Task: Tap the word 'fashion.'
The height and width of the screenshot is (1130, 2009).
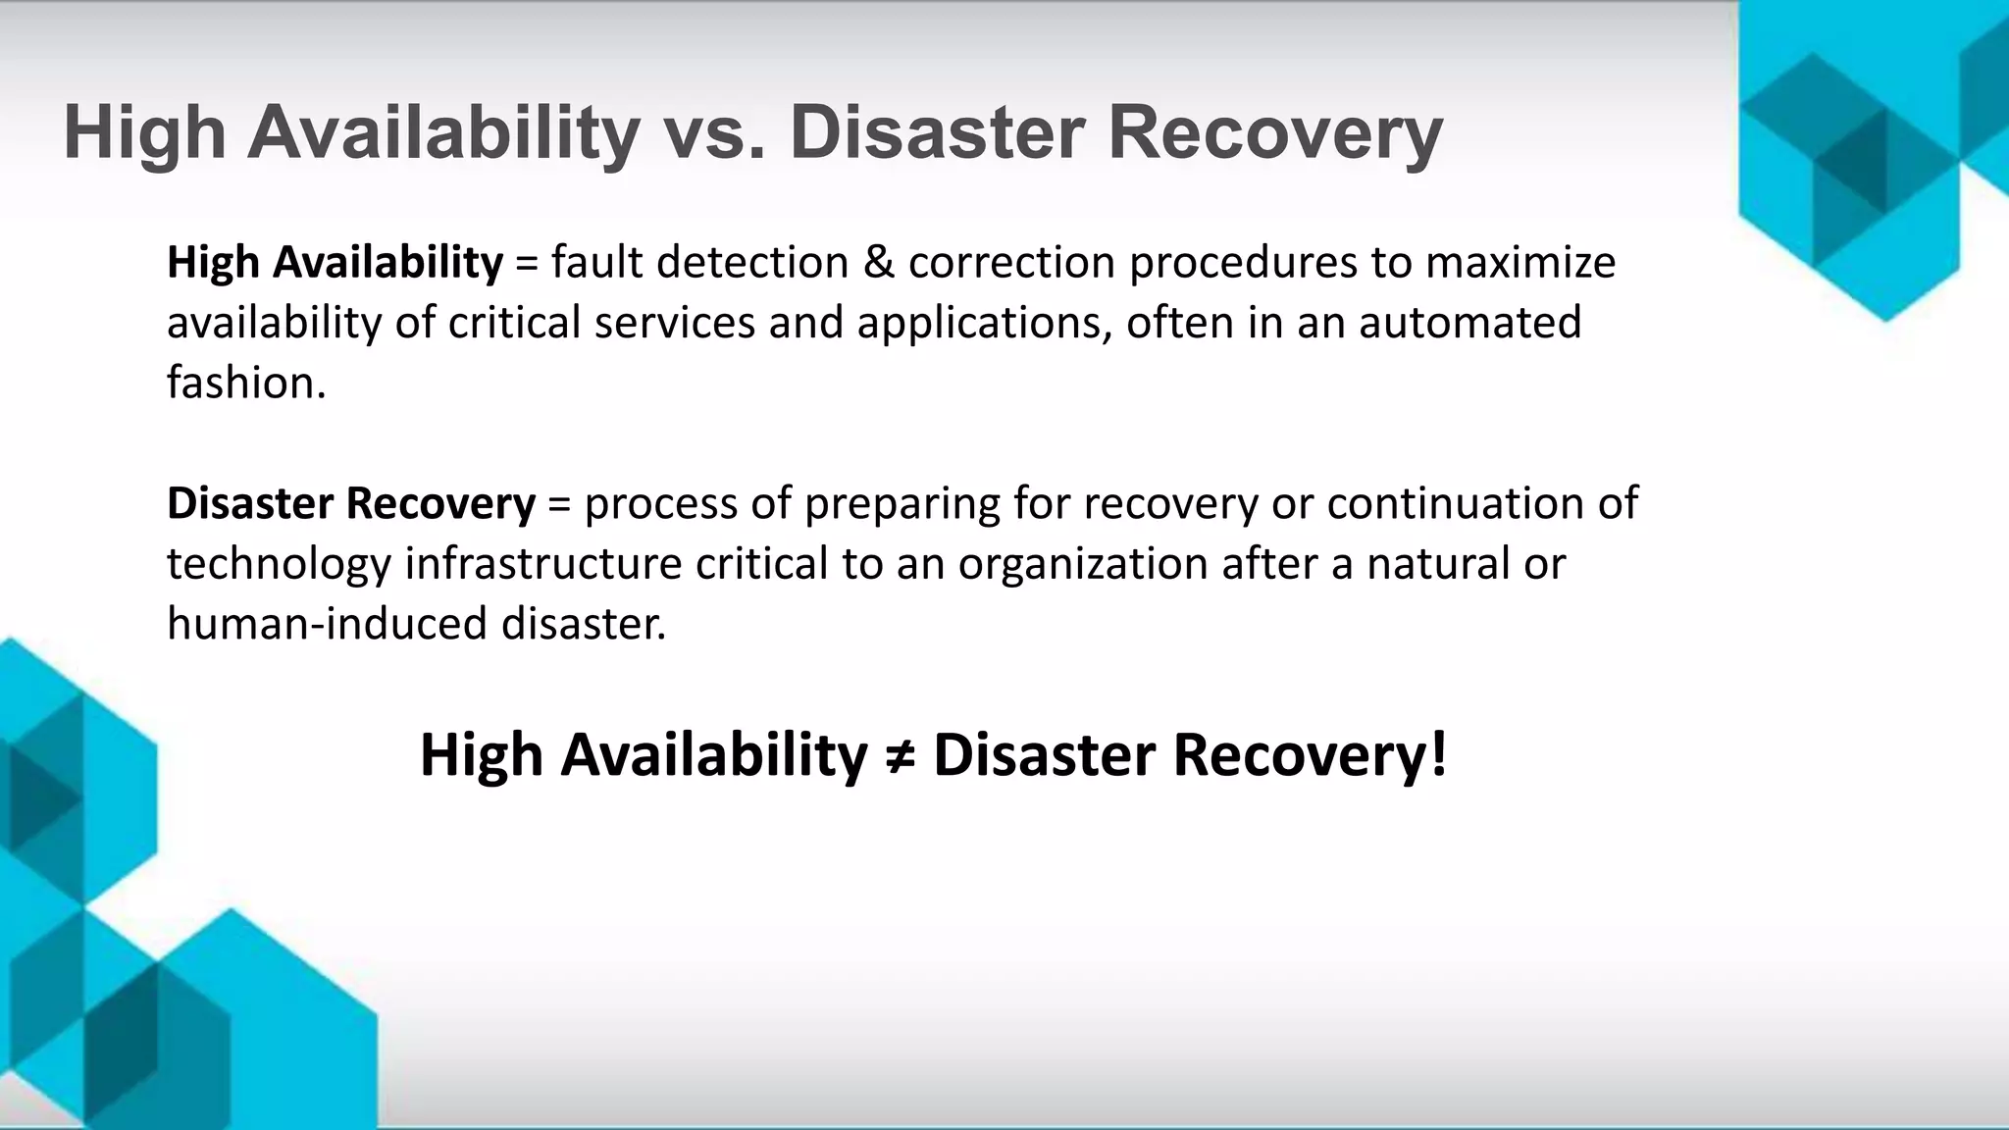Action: tap(246, 383)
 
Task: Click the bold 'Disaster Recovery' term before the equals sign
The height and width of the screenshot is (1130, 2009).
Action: tap(351, 504)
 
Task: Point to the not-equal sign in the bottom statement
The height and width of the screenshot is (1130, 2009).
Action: tap(900, 756)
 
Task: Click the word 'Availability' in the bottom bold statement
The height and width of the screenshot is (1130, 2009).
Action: tap(713, 756)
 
